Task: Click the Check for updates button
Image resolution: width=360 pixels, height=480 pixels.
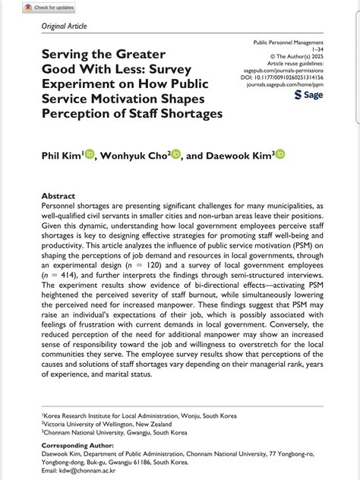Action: (x=49, y=7)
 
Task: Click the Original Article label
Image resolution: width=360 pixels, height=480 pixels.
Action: (x=65, y=26)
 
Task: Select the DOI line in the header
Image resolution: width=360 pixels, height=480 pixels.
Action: (x=283, y=77)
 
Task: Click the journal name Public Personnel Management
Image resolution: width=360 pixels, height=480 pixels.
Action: (x=288, y=43)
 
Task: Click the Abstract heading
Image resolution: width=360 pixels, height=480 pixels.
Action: (x=58, y=196)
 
